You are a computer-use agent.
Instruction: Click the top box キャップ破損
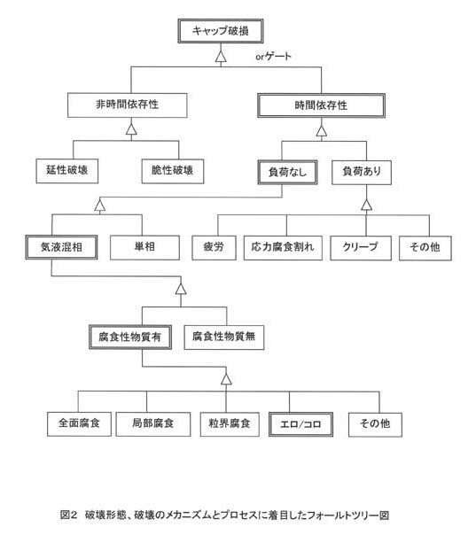click(x=221, y=31)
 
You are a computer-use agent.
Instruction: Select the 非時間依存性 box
click(x=128, y=105)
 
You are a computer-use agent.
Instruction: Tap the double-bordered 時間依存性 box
click(x=322, y=105)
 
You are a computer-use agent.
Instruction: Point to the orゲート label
click(x=273, y=56)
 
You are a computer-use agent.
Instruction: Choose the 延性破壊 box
click(x=67, y=171)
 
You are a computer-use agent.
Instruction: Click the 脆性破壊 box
click(x=173, y=171)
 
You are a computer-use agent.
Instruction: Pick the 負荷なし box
click(x=287, y=172)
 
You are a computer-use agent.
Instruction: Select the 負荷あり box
click(x=362, y=172)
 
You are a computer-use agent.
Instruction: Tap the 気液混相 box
click(x=61, y=247)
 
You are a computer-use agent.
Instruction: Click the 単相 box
click(x=144, y=248)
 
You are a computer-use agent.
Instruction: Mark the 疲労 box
click(x=214, y=248)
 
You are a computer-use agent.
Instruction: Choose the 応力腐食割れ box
click(x=283, y=248)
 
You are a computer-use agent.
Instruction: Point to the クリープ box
click(x=361, y=248)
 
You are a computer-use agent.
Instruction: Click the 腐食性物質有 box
click(x=130, y=337)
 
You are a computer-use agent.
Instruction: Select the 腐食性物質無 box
click(x=224, y=337)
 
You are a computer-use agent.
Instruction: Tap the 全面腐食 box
click(x=79, y=424)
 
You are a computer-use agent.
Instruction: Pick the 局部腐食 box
click(x=153, y=424)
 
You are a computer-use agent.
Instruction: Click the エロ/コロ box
click(x=300, y=424)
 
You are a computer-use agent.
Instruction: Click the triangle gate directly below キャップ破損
click(x=221, y=57)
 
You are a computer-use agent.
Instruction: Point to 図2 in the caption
click(x=68, y=515)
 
